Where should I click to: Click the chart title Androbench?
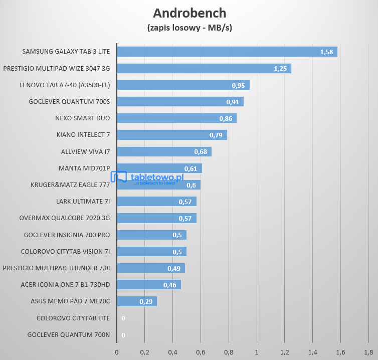coord(190,13)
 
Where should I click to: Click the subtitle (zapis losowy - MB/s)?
coord(190,27)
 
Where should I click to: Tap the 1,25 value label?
coord(280,69)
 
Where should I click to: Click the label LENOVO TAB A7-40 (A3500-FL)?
coord(65,85)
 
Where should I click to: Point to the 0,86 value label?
coord(226,118)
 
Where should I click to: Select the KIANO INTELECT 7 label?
coord(83,135)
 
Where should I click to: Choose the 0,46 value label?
coord(169,285)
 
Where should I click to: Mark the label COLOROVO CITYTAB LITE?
coord(73,318)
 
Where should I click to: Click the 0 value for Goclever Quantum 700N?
coord(123,335)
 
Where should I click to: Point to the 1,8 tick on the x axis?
coord(368,352)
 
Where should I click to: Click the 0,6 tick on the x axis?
coord(201,352)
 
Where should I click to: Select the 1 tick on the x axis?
coord(257,352)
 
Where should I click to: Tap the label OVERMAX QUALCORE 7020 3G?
coord(65,218)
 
